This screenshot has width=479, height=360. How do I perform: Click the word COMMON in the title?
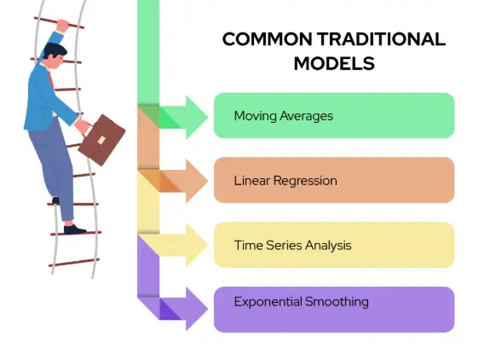[268, 39]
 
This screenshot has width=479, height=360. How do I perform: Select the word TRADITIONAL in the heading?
[381, 39]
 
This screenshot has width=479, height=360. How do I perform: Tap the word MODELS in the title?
[334, 64]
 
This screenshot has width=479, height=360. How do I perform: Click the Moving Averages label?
[284, 116]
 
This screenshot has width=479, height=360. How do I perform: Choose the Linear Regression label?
[286, 181]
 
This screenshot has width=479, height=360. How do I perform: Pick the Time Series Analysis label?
[292, 246]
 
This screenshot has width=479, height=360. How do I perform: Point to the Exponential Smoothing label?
[301, 302]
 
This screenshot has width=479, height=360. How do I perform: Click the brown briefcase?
[101, 140]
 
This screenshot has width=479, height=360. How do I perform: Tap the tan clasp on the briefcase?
[101, 140]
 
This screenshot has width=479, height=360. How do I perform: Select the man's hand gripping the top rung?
[62, 25]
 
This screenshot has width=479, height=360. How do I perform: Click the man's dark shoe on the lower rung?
[74, 229]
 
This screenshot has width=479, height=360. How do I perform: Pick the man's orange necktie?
[51, 79]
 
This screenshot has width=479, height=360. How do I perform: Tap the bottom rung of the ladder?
[74, 263]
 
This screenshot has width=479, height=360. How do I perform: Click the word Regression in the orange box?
[305, 181]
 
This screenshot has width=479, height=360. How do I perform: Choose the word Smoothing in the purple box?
[337, 302]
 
